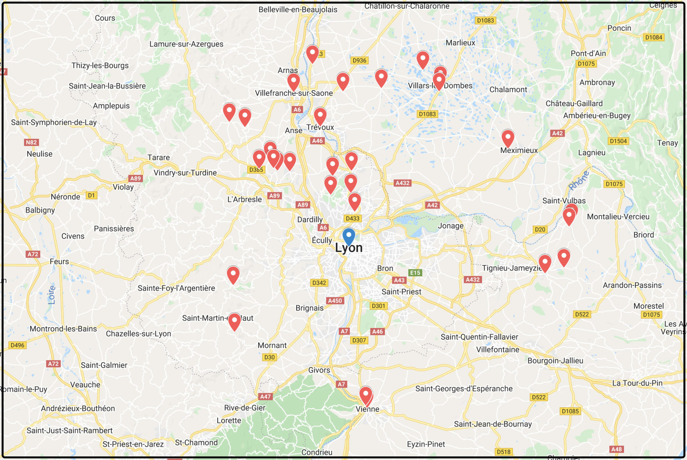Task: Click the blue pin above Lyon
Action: click(x=349, y=236)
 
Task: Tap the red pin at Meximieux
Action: click(x=508, y=138)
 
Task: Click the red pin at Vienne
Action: click(x=366, y=395)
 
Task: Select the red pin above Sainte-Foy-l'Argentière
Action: click(x=233, y=275)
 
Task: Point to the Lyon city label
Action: click(x=349, y=248)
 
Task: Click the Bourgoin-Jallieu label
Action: click(x=555, y=361)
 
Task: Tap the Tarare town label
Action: click(x=159, y=157)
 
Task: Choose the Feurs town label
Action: click(x=59, y=262)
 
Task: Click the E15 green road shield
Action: click(x=415, y=273)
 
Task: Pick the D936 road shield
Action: click(x=359, y=60)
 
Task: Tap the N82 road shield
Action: click(x=31, y=142)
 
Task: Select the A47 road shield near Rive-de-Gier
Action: click(x=265, y=397)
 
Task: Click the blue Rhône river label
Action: click(x=579, y=180)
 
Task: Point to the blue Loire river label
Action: click(x=52, y=295)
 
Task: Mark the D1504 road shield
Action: click(x=618, y=141)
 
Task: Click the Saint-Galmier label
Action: click(x=104, y=365)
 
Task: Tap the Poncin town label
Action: click(x=619, y=28)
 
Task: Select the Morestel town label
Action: click(x=648, y=306)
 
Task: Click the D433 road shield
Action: click(x=353, y=219)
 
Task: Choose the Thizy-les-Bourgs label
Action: click(x=100, y=65)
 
